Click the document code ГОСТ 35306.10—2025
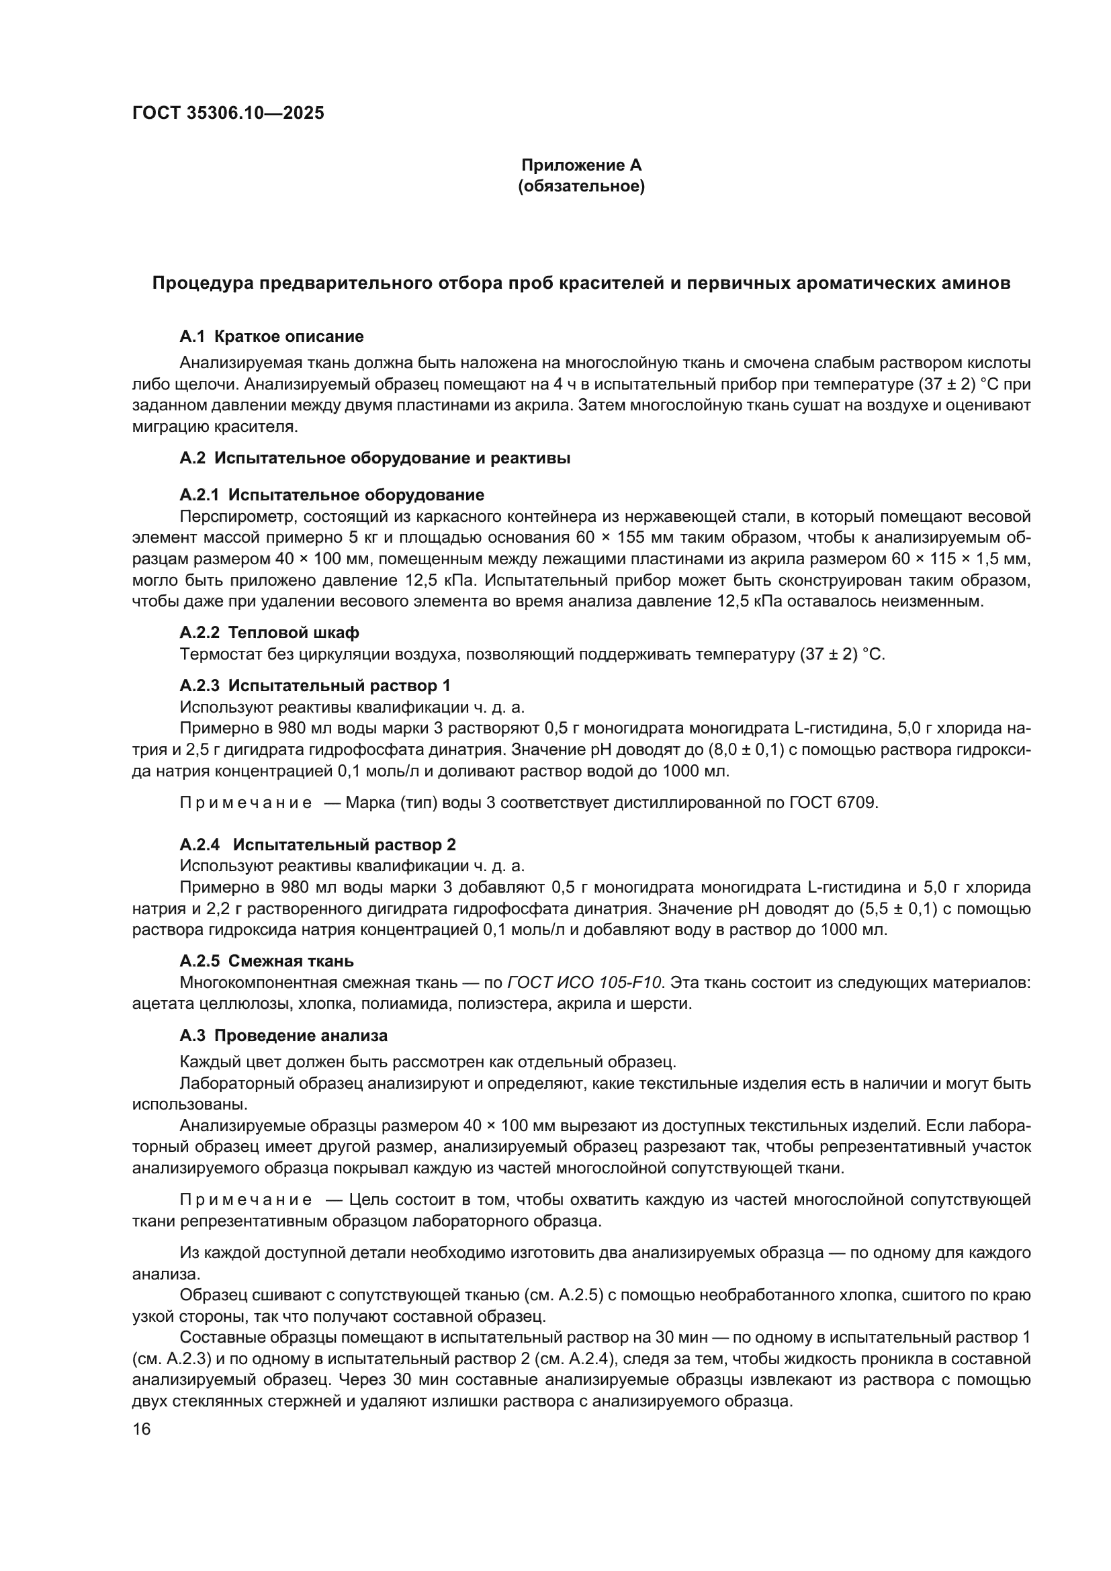(228, 114)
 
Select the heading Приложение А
(582, 165)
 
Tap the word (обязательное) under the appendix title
(582, 186)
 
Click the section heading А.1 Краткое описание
(271, 336)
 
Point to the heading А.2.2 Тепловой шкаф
(269, 632)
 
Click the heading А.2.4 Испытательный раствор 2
(318, 844)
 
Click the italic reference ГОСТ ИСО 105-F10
(584, 983)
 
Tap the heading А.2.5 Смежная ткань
(267, 961)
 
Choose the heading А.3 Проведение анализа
(283, 1036)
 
